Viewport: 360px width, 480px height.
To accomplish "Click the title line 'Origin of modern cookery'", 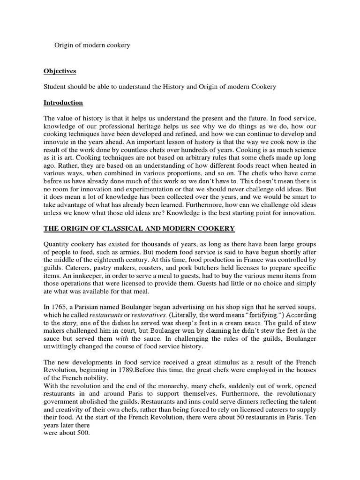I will coord(92,45).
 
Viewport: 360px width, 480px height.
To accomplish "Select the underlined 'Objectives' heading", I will coord(60,71).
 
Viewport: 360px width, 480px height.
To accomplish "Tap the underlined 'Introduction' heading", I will coord(63,103).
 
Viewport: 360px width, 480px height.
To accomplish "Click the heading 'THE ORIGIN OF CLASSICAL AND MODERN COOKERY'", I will coord(139,228).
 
